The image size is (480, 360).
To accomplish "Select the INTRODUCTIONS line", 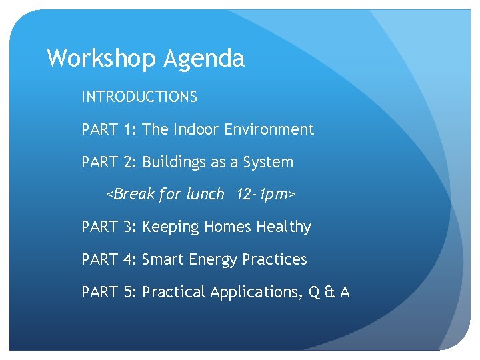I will click(x=139, y=97).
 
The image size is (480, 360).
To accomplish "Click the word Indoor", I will click(x=197, y=130).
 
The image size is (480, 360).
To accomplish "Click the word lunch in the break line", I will click(x=205, y=195).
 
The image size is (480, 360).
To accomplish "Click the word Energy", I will click(x=211, y=260).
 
